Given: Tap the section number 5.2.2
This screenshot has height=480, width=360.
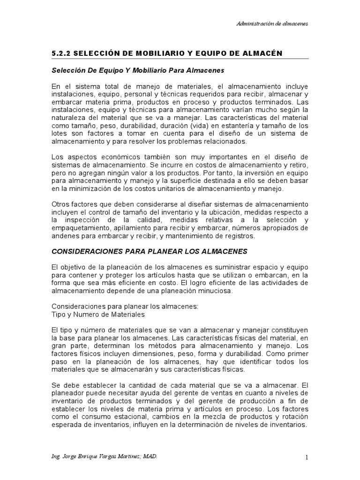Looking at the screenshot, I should click(60, 53).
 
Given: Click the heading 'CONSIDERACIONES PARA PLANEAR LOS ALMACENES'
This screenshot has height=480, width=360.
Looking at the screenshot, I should click(149, 251).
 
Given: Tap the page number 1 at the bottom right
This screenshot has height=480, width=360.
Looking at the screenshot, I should click(305, 457).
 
